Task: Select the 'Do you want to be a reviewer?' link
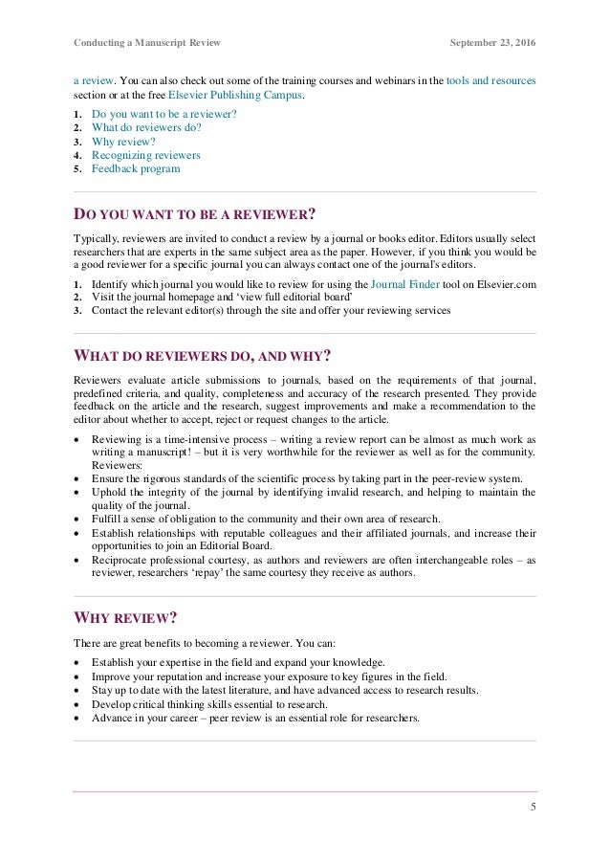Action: [164, 114]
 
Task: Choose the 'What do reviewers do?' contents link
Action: [147, 127]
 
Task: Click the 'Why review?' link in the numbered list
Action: [123, 142]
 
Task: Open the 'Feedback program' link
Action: [136, 168]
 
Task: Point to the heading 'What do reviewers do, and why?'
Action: [203, 357]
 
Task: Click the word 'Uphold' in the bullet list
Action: [109, 492]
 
